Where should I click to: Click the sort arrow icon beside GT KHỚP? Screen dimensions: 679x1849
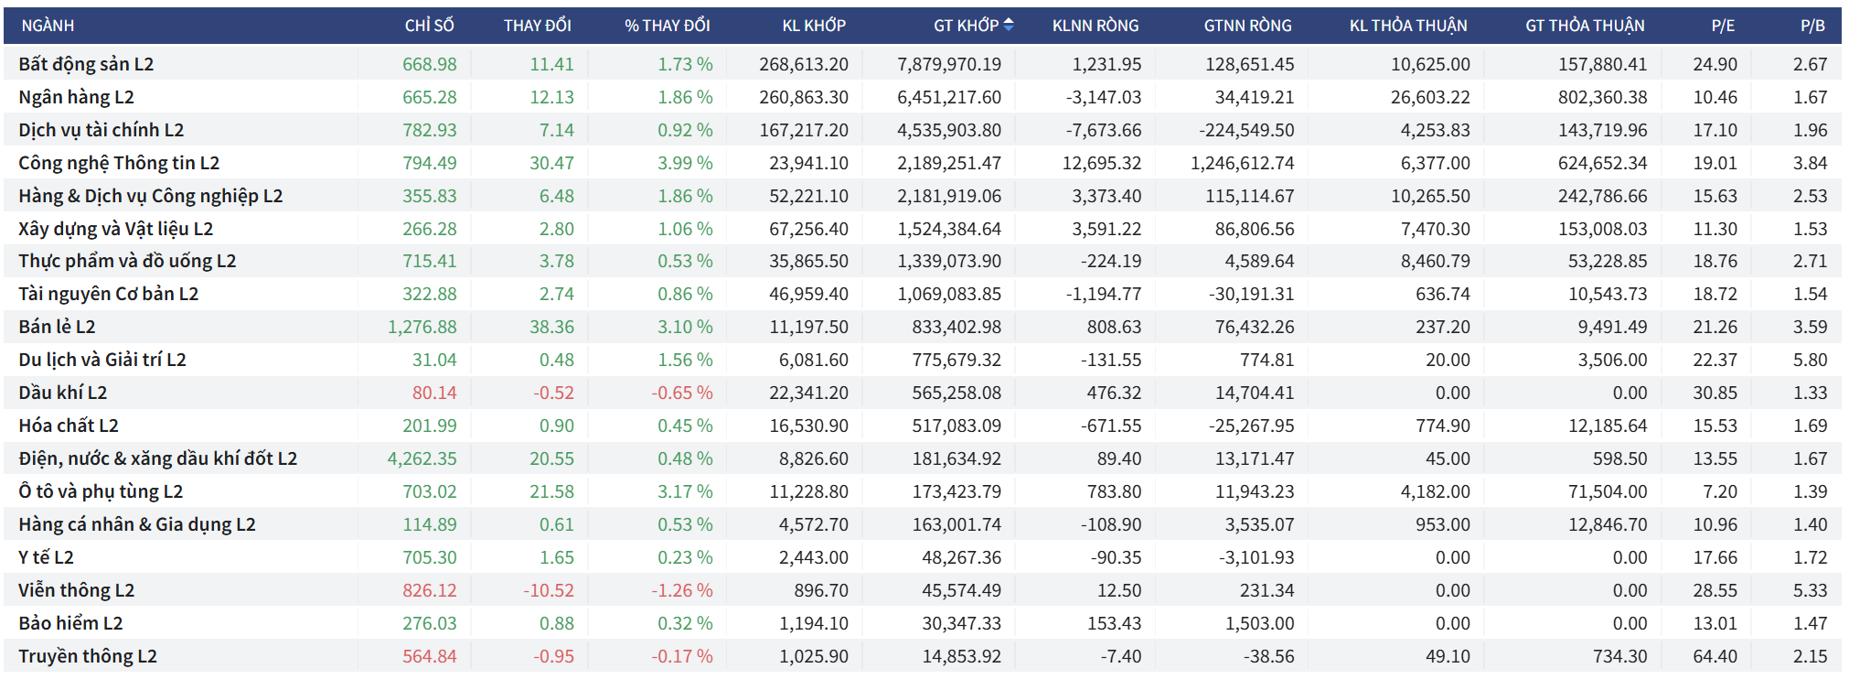(1009, 26)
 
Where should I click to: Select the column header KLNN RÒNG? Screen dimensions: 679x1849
(1095, 26)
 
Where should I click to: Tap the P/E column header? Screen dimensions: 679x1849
(1723, 26)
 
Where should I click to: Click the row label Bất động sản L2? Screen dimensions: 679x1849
(86, 64)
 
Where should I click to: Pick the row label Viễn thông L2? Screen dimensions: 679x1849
(76, 590)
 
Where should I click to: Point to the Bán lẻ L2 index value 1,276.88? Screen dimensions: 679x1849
(422, 327)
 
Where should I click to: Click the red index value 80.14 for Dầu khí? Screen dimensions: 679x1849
(434, 393)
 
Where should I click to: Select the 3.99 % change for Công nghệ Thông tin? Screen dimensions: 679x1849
(685, 163)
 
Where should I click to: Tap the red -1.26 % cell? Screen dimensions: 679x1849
(681, 590)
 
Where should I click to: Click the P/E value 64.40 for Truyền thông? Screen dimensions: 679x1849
(1715, 656)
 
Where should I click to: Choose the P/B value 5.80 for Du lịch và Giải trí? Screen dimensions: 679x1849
(1810, 360)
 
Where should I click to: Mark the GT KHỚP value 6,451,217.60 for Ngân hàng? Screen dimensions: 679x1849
(948, 97)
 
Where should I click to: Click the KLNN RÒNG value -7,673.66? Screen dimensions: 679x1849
(1103, 130)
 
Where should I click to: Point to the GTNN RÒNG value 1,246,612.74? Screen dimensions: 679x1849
(1242, 163)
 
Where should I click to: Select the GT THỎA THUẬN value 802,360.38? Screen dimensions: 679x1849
(1602, 97)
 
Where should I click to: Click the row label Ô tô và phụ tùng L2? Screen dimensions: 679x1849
(101, 491)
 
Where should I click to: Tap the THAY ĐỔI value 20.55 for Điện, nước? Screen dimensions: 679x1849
(551, 458)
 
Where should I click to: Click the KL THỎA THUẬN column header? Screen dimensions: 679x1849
(1407, 26)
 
